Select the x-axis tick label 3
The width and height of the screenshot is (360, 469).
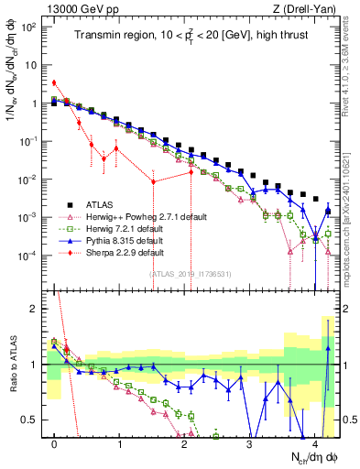[250, 440]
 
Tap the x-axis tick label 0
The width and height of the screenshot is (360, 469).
[55, 440]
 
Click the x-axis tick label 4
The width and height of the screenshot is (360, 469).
[315, 440]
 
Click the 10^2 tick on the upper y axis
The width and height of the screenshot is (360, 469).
[29, 27]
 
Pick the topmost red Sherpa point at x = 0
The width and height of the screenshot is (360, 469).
[55, 82]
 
